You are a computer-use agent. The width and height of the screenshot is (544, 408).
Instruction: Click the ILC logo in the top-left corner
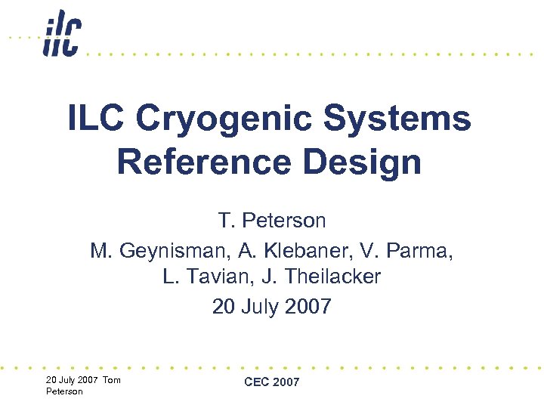61,33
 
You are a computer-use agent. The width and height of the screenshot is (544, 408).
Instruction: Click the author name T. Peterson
272,221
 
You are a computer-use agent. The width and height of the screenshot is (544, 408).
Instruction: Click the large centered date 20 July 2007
272,306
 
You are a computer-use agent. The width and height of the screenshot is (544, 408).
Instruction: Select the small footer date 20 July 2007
72,379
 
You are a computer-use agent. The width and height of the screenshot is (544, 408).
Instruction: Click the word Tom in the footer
111,379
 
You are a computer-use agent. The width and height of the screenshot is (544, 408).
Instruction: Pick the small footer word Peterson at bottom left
65,391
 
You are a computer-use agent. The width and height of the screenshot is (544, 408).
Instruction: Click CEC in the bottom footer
257,382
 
